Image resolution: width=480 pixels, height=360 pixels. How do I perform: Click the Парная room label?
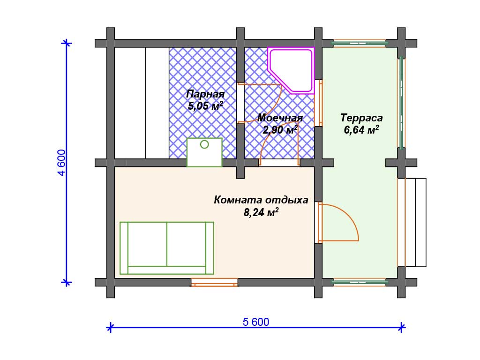tap(205, 94)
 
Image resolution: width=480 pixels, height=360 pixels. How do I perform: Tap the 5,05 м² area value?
tap(205, 106)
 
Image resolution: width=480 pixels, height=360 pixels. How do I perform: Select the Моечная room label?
tap(280, 118)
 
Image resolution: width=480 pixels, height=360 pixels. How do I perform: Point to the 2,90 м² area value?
tap(280, 129)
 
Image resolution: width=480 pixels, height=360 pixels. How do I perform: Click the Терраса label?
tap(361, 118)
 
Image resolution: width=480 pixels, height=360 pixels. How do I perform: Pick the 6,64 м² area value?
tap(361, 130)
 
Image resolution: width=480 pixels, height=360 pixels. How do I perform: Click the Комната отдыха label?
tap(261, 200)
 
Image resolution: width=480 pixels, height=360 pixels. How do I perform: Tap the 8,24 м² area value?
tap(261, 212)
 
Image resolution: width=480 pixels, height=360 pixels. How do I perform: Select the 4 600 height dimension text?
tap(61, 163)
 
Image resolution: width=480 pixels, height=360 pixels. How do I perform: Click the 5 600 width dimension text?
tap(256, 322)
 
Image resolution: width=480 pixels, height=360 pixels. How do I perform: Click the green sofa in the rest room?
tap(166, 248)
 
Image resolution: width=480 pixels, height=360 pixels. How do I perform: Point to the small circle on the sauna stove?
tap(204, 144)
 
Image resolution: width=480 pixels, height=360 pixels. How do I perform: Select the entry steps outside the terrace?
tap(415, 223)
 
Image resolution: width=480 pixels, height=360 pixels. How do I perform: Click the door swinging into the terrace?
tap(338, 222)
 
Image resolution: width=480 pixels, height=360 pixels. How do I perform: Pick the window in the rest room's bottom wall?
tap(214, 282)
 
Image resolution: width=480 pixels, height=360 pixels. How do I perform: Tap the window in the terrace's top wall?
tap(360, 43)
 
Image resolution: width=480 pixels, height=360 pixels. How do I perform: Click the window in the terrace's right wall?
tap(401, 103)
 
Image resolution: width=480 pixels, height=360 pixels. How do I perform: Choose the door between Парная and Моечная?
tap(260, 103)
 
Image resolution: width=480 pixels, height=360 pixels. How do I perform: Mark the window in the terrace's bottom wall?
tap(360, 282)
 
